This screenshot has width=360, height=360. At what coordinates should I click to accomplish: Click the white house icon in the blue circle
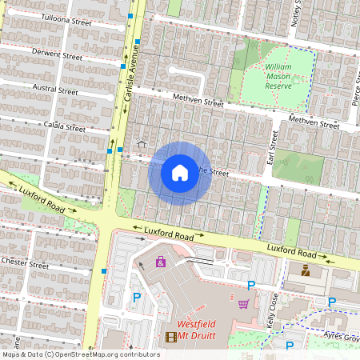pos(180,173)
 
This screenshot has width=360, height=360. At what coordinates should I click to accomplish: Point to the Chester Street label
pos(26,263)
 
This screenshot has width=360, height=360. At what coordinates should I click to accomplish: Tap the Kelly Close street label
pos(271,312)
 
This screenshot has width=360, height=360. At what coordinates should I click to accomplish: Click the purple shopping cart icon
pos(242,304)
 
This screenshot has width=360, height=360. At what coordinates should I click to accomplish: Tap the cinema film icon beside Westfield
pos(170,337)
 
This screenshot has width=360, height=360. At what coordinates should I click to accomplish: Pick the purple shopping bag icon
pos(161,261)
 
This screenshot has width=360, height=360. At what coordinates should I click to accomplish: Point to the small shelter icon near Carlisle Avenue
pos(142,144)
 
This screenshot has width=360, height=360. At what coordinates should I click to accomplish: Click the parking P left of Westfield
pos(136,297)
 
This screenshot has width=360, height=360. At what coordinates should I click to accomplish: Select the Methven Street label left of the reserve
pos(198,102)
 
